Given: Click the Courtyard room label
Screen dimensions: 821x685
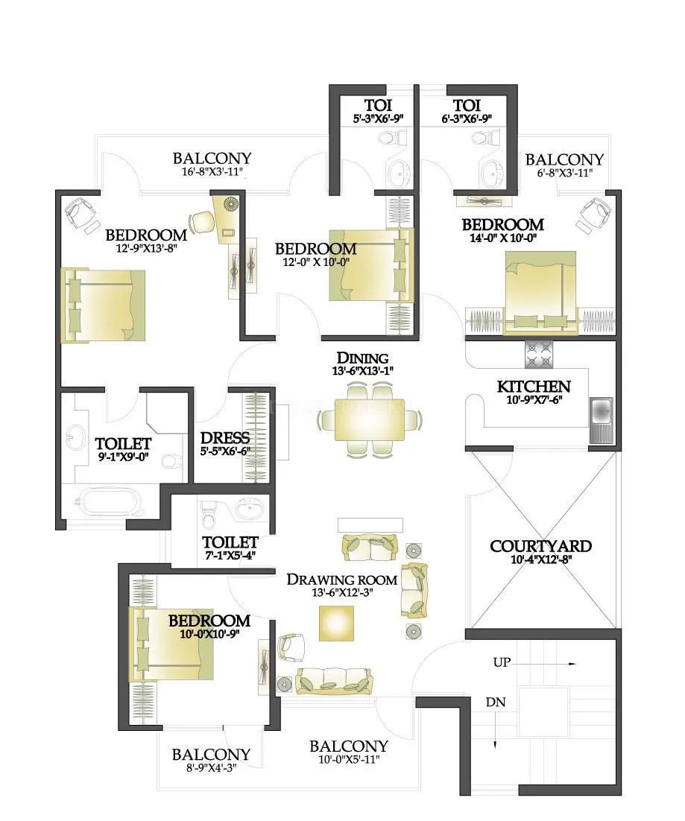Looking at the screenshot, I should tap(540, 546).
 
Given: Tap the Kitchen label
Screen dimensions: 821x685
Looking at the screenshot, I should tap(534, 386).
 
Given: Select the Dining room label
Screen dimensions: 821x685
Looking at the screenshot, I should tap(362, 358).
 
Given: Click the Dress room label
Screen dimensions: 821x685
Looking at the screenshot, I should tap(225, 437).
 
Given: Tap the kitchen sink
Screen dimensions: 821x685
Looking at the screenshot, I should tap(600, 413).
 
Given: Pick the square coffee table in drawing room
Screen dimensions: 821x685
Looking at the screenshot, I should tap(337, 623).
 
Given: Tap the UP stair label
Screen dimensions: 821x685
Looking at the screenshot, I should tap(502, 662).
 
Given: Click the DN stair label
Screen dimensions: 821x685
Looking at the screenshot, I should tap(496, 702).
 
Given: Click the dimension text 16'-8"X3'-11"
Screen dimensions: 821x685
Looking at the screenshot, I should tap(212, 171).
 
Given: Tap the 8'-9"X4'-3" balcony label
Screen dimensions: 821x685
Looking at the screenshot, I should tap(211, 755).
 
